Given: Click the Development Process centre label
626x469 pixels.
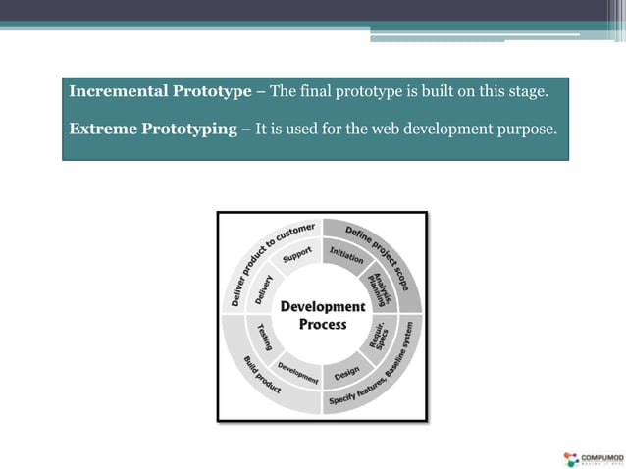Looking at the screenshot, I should tap(322, 315).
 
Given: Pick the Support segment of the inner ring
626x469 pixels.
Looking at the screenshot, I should tap(296, 254).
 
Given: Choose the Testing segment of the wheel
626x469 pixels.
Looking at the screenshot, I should tap(264, 339).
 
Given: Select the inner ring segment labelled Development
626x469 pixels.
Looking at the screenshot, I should tap(296, 373).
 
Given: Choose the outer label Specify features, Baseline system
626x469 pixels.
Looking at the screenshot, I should tap(383, 373).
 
